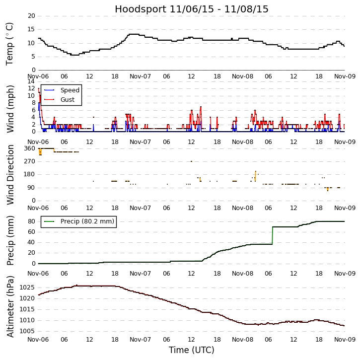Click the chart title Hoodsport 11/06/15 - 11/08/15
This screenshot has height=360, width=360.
192,9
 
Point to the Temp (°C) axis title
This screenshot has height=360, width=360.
10,43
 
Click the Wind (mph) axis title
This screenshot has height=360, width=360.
10,108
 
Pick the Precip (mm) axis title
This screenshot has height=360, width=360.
10,240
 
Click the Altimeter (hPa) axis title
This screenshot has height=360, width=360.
10,306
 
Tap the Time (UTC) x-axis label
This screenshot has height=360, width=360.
192,350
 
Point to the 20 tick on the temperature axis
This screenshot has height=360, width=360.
31,16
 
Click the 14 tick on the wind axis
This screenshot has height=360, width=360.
31,81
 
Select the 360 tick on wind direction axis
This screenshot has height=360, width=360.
29,148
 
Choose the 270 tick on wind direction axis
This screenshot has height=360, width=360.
29,161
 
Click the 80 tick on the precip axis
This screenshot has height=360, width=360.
31,221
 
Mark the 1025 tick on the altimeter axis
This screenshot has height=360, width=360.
27,288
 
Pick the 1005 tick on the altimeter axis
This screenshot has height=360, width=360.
27,331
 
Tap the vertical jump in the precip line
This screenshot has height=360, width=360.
273,235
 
